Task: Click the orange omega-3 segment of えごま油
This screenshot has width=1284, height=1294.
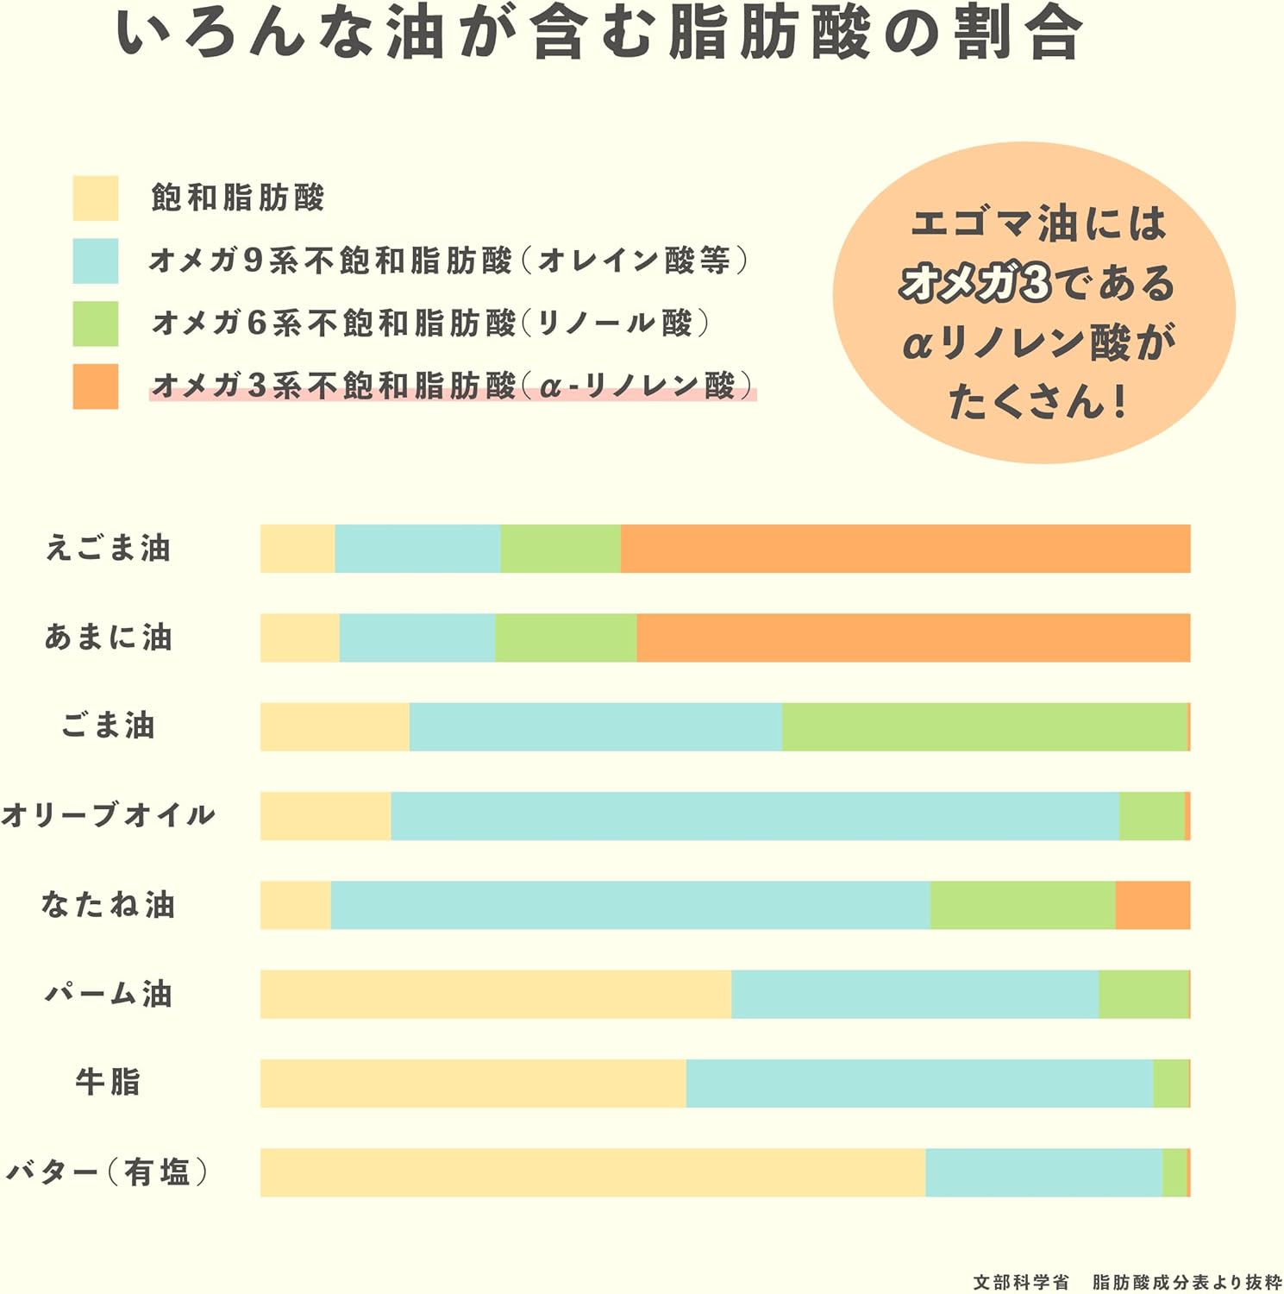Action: (905, 549)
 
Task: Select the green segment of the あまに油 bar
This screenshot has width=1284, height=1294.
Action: (566, 638)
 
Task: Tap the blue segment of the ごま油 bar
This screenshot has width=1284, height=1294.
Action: (595, 727)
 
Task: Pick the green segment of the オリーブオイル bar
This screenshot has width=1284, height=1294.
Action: (1151, 816)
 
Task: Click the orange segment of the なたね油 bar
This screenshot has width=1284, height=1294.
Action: (1152, 906)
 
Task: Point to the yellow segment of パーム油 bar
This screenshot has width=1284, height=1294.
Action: (496, 995)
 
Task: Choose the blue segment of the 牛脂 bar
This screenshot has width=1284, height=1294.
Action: (919, 1084)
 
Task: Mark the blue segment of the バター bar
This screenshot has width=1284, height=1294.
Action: (1043, 1173)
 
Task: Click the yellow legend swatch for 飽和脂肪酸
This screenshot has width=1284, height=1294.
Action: (96, 198)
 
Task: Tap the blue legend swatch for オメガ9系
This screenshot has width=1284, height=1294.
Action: (96, 261)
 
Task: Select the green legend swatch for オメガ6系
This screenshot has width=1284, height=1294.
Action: (96, 323)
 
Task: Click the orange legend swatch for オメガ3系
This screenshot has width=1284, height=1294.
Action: (96, 386)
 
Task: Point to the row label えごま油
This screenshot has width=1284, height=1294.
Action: (109, 549)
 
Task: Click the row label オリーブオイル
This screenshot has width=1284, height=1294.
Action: (108, 815)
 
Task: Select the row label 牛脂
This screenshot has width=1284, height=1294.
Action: (108, 1082)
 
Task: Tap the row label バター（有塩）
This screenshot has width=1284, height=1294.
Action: (108, 1172)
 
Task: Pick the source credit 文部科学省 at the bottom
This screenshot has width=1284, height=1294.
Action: (1021, 1283)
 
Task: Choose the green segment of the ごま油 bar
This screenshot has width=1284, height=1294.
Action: (984, 727)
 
